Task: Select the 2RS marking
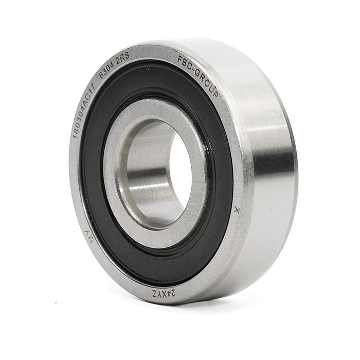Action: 123,57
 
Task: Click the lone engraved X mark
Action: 238,210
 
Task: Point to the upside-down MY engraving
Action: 89,237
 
